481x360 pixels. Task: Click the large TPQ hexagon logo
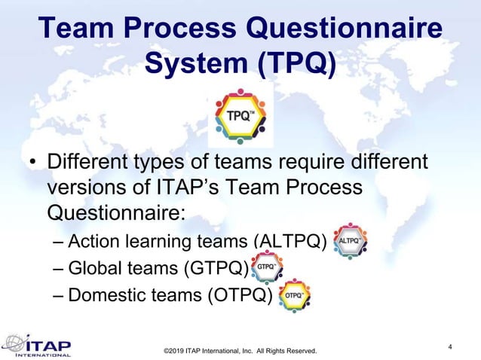point(240,117)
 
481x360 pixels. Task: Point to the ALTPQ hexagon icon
point(350,242)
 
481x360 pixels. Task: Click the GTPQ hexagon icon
point(266,267)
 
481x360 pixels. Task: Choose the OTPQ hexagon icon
point(294,295)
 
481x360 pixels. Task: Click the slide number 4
point(450,346)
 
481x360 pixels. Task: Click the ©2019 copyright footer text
point(240,351)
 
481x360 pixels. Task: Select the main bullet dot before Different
point(31,163)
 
